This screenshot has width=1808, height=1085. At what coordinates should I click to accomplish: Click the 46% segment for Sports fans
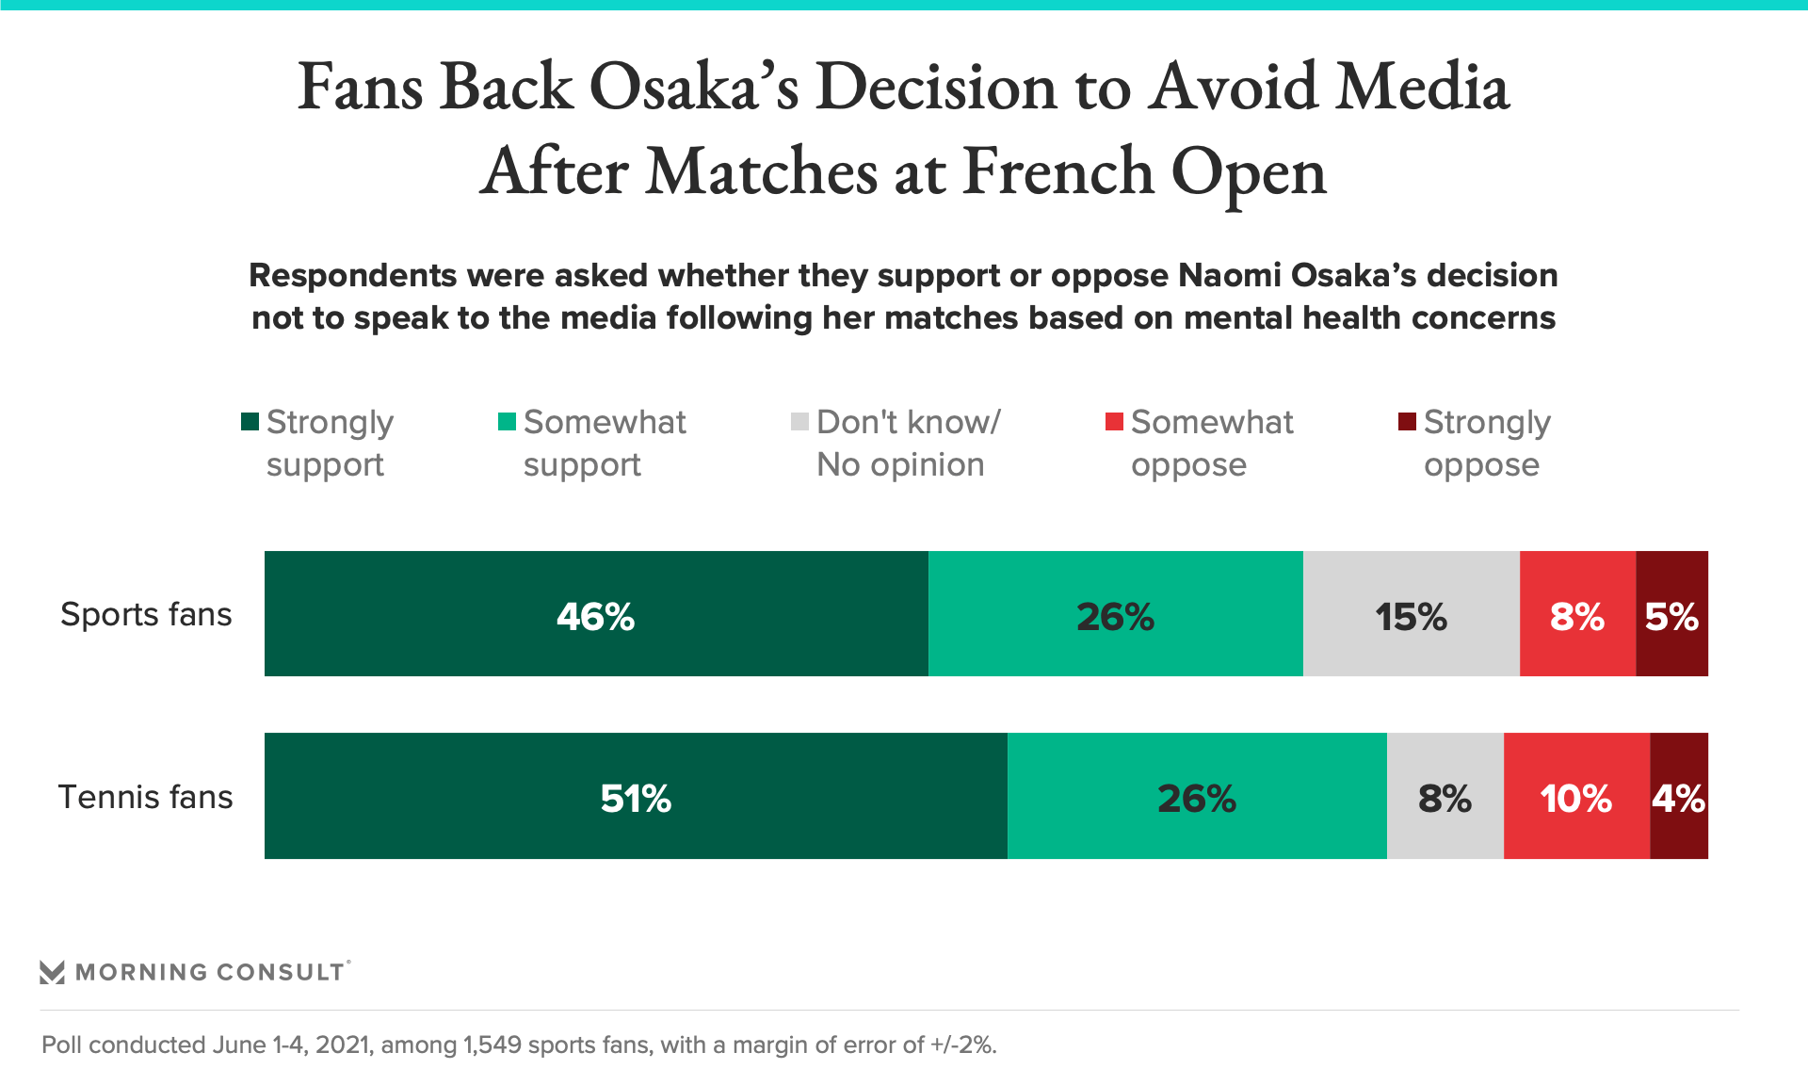click(x=596, y=614)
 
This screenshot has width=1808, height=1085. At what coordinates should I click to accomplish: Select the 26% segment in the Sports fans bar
click(x=1115, y=614)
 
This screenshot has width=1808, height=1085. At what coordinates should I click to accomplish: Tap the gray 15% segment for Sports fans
click(x=1411, y=614)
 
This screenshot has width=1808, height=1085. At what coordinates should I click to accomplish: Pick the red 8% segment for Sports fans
click(x=1577, y=614)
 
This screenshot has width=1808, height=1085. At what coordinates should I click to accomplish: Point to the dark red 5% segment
click(x=1671, y=614)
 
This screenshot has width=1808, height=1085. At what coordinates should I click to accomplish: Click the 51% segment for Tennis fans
click(x=636, y=796)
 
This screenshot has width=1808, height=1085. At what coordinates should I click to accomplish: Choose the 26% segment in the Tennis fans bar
click(x=1196, y=796)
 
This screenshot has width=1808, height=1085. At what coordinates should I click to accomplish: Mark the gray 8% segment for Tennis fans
click(x=1445, y=796)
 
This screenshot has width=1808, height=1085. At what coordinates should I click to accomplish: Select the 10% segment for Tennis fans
click(x=1576, y=796)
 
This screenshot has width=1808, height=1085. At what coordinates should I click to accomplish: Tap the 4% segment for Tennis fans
click(x=1678, y=796)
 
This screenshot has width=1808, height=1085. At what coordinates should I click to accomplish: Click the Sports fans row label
click(x=146, y=614)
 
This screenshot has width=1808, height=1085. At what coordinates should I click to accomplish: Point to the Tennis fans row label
click(x=146, y=797)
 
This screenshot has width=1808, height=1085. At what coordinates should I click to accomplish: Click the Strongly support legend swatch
click(x=250, y=421)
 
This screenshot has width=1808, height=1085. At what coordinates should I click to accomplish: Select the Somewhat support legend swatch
click(x=507, y=421)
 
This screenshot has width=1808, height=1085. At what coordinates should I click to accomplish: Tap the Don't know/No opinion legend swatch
click(x=799, y=421)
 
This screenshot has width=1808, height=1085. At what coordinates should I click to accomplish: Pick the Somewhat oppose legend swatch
click(x=1114, y=421)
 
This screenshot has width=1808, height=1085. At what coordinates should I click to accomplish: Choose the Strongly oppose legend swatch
click(x=1407, y=421)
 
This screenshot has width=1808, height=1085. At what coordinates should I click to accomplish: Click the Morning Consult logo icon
click(x=52, y=972)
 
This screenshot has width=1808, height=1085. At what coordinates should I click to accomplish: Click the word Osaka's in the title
click(x=694, y=87)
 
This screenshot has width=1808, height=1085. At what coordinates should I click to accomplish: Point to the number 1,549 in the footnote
click(x=492, y=1045)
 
